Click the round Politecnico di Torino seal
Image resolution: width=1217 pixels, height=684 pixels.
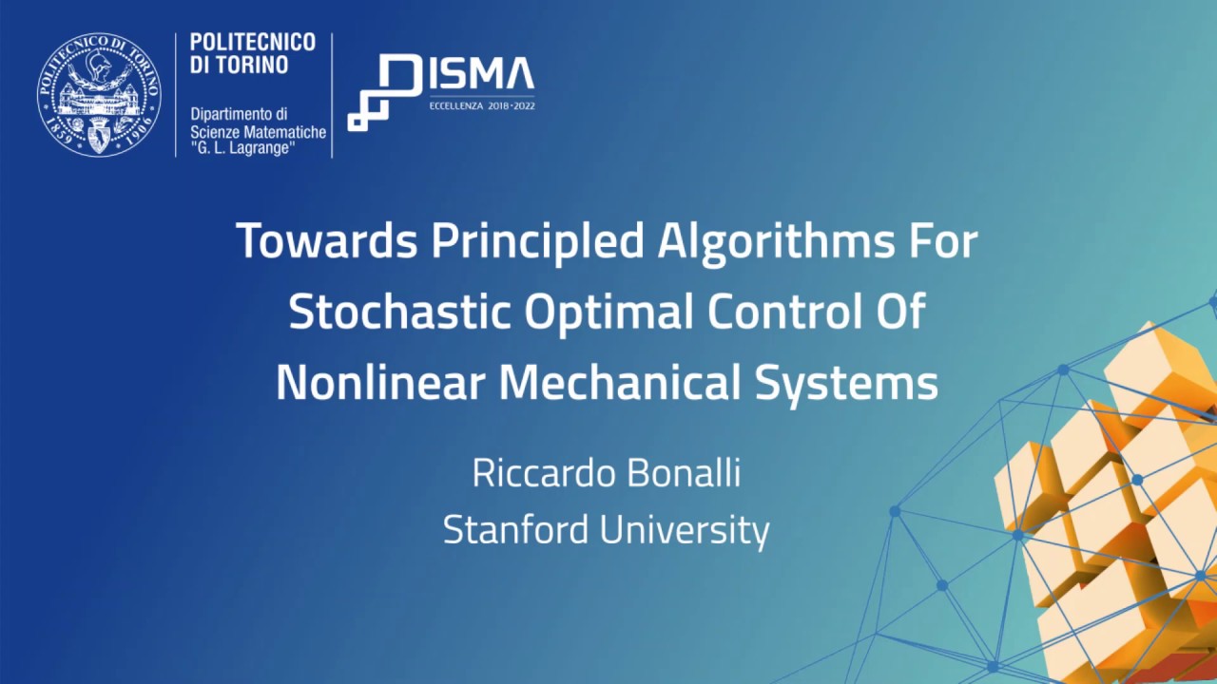point(99,94)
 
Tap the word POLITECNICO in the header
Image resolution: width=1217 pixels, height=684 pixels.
point(252,43)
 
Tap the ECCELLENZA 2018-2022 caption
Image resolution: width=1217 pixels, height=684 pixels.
point(482,107)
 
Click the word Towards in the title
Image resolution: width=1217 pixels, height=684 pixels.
point(327,241)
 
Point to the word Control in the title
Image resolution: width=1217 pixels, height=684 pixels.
point(772,313)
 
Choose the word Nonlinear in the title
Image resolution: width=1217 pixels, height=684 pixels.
point(381,383)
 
